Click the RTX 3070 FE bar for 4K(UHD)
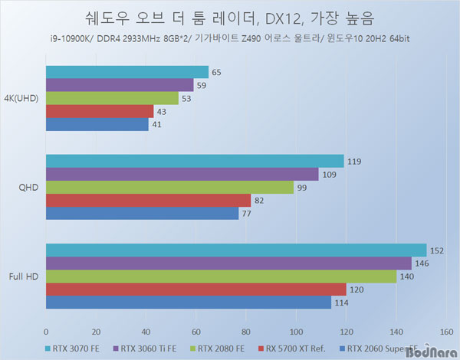127,72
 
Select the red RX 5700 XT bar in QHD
148,200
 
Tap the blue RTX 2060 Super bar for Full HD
188,303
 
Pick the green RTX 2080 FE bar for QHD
169,187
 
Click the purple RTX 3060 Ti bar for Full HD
228,263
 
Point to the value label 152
438,250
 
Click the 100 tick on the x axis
296,332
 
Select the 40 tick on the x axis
146,332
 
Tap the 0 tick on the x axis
46,332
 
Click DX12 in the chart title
276,16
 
